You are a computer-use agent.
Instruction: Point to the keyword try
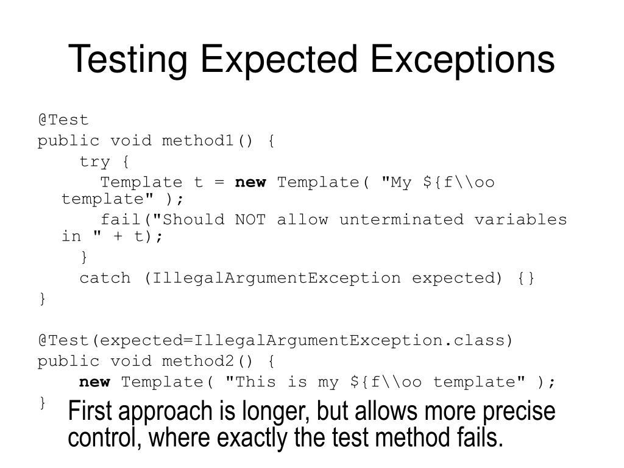point(95,161)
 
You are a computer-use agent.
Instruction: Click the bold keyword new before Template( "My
point(250,182)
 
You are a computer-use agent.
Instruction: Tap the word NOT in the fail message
point(250,219)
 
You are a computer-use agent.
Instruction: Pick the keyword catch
point(105,278)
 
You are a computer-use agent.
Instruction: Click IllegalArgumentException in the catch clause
point(276,278)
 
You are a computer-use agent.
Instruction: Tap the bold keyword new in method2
point(95,382)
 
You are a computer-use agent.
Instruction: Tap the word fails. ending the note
point(477,438)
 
